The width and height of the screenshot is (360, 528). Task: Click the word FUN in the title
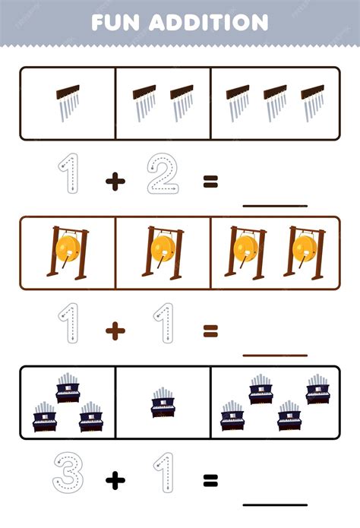[x=115, y=23]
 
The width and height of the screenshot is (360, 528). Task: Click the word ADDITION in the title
[x=208, y=23]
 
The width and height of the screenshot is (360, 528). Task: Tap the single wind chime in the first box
[x=68, y=103]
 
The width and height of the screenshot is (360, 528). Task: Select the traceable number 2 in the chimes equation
[x=163, y=173]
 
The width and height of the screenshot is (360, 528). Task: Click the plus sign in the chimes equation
[x=115, y=182]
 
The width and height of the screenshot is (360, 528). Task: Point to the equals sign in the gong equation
[x=211, y=330]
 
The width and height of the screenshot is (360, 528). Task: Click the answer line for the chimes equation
[x=275, y=205]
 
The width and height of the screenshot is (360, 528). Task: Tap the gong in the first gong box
[x=68, y=253]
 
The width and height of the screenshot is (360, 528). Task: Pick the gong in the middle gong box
[x=163, y=253]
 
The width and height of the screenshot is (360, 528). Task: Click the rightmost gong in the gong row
[x=305, y=253]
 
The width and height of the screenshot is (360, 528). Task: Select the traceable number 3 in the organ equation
[x=68, y=473]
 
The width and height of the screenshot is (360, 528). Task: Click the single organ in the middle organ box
[x=163, y=403]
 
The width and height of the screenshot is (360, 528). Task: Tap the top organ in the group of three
[x=68, y=388]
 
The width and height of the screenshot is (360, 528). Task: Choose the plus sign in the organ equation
[x=115, y=481]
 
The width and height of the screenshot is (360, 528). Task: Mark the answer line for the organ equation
[x=275, y=504]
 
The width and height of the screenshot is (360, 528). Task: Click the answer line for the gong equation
[x=275, y=356]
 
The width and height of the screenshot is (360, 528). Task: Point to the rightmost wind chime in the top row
[x=312, y=103]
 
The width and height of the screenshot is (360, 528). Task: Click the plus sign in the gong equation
[x=115, y=331]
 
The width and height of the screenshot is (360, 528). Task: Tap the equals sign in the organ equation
[x=211, y=481]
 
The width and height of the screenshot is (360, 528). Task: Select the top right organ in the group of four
[x=318, y=389]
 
